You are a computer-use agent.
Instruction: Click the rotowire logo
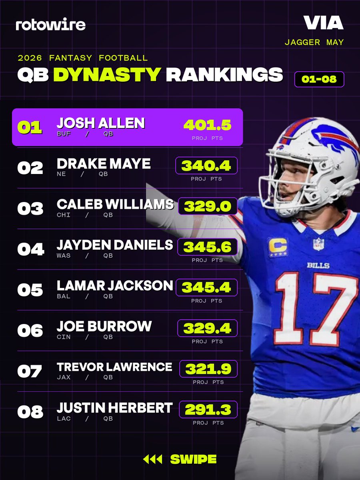50,24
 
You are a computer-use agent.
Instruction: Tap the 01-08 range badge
319,79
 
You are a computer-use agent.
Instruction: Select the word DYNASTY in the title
107,74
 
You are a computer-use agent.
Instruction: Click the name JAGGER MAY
314,42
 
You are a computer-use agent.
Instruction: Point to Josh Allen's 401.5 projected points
207,125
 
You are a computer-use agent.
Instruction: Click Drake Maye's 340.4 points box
206,166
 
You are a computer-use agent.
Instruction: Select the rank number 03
30,208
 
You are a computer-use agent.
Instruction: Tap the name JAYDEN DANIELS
115,245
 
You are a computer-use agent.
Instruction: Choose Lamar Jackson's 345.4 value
206,287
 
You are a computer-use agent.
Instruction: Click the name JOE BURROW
104,326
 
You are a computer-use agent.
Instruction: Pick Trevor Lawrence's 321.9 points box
208,369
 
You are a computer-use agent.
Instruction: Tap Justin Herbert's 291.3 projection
208,409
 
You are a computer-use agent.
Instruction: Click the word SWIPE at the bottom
193,459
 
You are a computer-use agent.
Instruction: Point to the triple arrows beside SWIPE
152,459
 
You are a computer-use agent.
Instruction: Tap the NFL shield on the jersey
318,244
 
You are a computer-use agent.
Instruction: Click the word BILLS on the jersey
318,266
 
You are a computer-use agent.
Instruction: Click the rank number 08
30,412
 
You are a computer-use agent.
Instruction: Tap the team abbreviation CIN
64,337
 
